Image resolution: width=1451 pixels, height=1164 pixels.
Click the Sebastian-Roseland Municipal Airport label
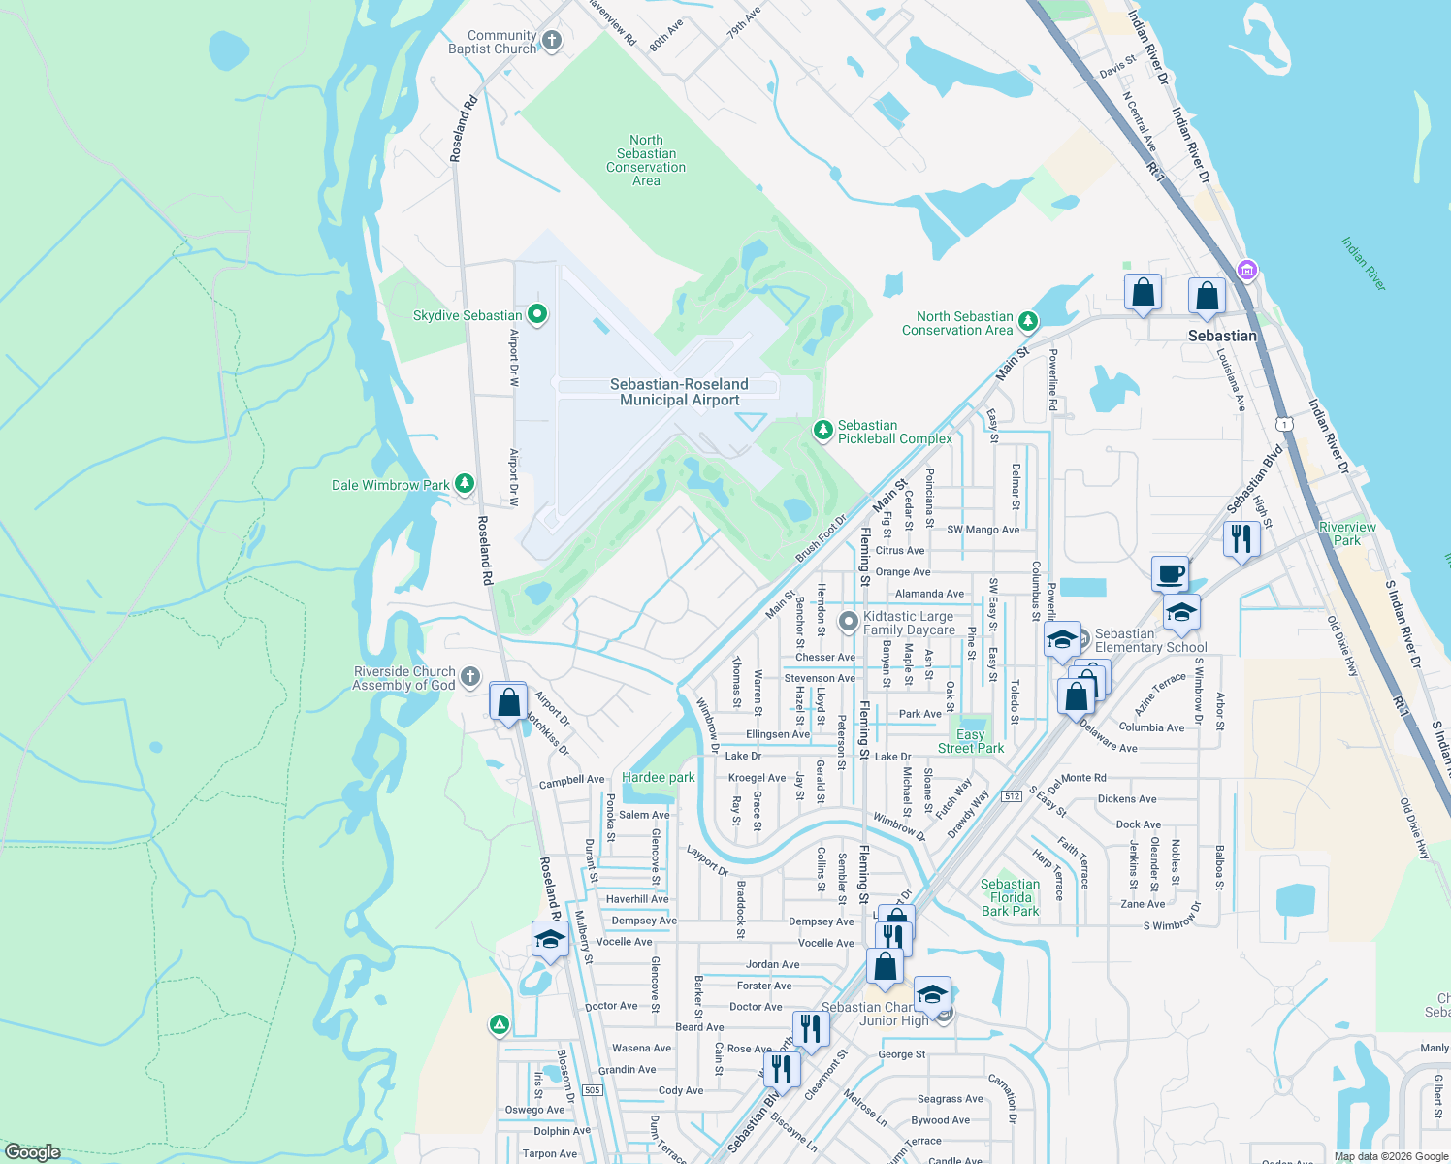pos(679,392)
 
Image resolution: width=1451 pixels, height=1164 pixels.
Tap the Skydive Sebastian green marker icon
pos(536,314)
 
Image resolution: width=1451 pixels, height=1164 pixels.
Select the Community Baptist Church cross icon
pos(552,41)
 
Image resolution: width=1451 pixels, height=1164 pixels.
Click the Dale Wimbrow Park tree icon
pos(465,483)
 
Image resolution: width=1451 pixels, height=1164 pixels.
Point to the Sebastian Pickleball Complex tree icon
pos(822,429)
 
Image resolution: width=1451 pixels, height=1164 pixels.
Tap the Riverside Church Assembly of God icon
pos(469,676)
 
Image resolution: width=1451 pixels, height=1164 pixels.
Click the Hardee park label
pos(658,777)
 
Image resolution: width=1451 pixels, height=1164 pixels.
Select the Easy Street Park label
pos(970,741)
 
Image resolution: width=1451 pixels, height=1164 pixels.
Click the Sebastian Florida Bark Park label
pos(1010,897)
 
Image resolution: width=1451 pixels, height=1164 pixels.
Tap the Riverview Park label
pos(1347,533)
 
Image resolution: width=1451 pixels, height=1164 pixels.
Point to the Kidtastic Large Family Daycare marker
pos(849,621)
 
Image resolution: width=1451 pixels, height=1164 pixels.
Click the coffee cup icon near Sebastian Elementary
pos(1170,573)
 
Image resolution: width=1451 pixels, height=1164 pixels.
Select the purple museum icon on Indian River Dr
pos(1247,270)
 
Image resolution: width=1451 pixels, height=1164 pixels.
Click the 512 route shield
pos(1012,796)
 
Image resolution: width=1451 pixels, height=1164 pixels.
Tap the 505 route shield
pos(593,1090)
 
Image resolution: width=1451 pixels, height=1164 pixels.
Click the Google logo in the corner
pos(32,1152)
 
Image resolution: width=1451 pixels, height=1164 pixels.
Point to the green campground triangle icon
pos(500,1024)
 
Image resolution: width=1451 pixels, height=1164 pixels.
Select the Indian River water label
pos(1364,263)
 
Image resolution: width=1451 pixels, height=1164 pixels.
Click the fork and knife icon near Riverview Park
pos(1241,537)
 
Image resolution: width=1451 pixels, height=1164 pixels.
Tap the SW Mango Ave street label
pos(983,530)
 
